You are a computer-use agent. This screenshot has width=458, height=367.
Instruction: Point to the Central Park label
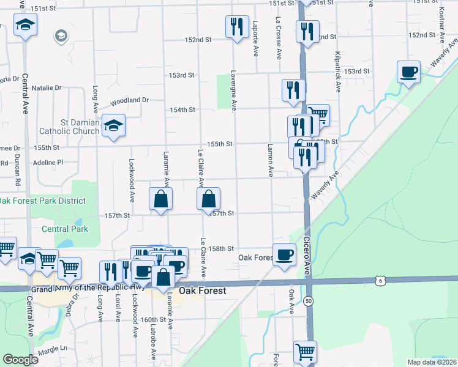pos(65,229)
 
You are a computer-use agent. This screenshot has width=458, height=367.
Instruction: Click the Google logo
pos(21,360)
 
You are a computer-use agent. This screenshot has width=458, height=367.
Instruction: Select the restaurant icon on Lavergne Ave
pos(237,27)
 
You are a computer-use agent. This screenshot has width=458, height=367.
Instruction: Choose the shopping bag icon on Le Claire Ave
pos(208,199)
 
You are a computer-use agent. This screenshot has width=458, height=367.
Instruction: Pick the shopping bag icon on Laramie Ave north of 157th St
pos(160,199)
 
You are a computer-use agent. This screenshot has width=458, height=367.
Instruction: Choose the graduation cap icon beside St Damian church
pos(113,126)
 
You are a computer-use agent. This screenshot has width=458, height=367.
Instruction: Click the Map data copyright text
pos(432,361)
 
